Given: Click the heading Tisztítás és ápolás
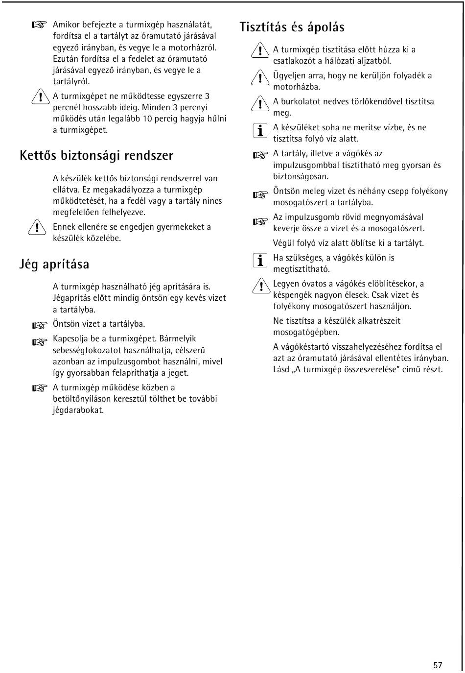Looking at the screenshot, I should coord(292,27).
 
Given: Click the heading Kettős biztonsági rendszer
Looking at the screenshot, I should coord(96,156).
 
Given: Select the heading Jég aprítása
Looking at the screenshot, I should coord(54,264).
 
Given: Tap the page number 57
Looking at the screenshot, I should coord(438,665).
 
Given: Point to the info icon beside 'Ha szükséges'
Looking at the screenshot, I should coord(260,260).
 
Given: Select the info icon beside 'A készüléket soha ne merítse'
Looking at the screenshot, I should coord(260,130).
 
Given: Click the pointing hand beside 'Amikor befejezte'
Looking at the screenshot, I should coord(39,25).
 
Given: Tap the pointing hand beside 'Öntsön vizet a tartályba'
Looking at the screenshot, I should coord(39,325).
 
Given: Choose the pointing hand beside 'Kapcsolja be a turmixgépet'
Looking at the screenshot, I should coord(39,342).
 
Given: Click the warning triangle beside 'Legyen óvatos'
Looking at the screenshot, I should coord(261,286).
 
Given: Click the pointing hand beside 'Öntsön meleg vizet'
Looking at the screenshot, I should coord(260,195).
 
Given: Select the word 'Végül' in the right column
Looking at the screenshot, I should coord(283,243).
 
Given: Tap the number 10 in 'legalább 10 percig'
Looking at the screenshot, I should coord(148,119).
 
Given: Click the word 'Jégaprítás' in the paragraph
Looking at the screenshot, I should coord(72,298).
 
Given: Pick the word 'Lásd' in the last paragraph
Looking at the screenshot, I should coord(281,369).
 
